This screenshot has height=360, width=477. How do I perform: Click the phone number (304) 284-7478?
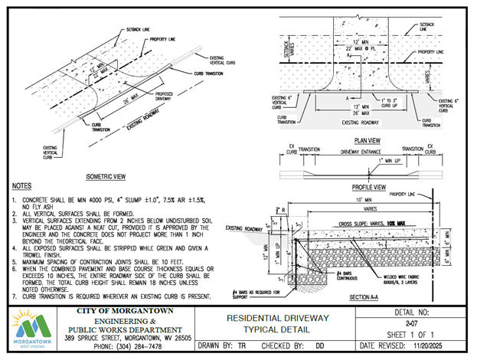(127, 346)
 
